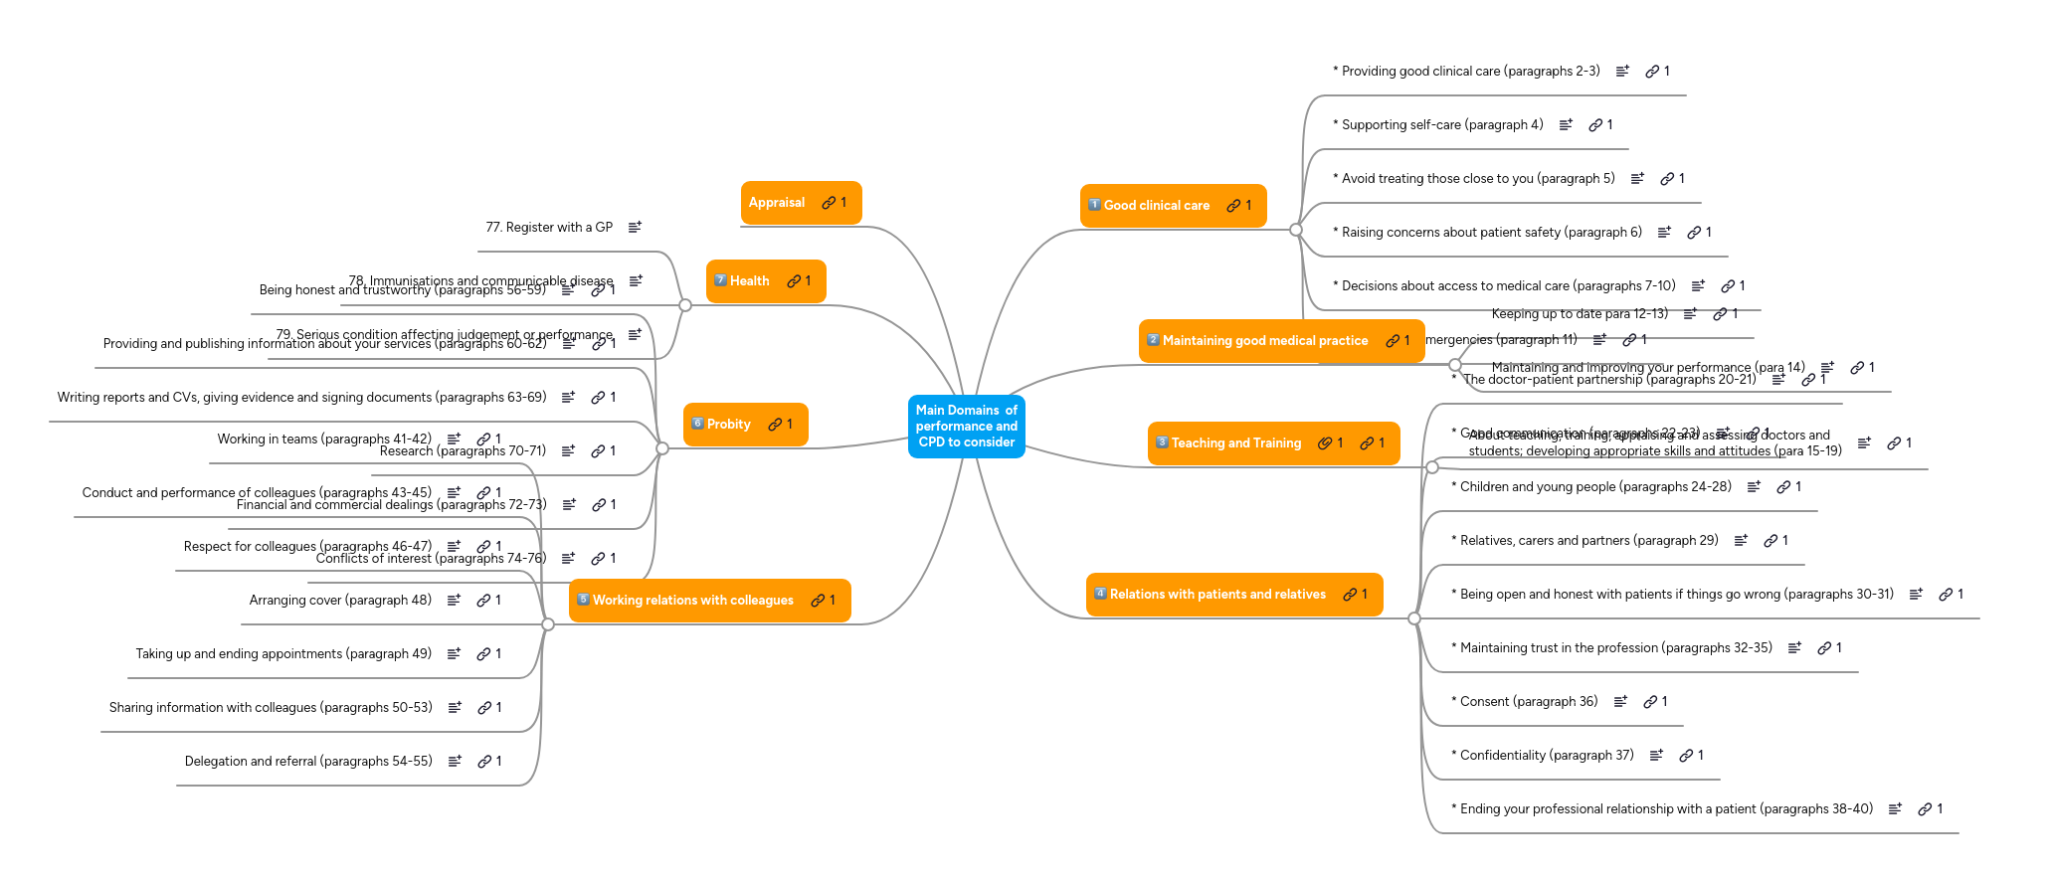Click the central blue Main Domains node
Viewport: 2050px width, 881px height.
[x=966, y=427]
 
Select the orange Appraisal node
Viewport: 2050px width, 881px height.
[x=777, y=203]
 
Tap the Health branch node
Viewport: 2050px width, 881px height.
[x=750, y=281]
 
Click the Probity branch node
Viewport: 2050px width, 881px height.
[x=729, y=425]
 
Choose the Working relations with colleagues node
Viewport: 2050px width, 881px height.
[x=693, y=601]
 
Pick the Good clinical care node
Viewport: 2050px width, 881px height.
[x=1157, y=206]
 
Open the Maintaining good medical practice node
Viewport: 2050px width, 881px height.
[x=1265, y=341]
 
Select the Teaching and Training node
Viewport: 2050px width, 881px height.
[x=1236, y=443]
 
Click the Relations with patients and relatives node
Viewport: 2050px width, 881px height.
[x=1217, y=595]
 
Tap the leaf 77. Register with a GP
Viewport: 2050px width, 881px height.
[x=549, y=228]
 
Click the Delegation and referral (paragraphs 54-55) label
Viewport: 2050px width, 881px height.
[x=308, y=762]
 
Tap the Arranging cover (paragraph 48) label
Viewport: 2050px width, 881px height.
[x=340, y=601]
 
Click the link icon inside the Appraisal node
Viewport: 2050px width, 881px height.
[x=829, y=203]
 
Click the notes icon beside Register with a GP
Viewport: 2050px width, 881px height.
[x=635, y=228]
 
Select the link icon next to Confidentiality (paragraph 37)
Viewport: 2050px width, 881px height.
[x=1686, y=756]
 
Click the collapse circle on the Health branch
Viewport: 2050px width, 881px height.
[x=684, y=305]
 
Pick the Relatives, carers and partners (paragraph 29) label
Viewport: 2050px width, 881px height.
[x=1588, y=541]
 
